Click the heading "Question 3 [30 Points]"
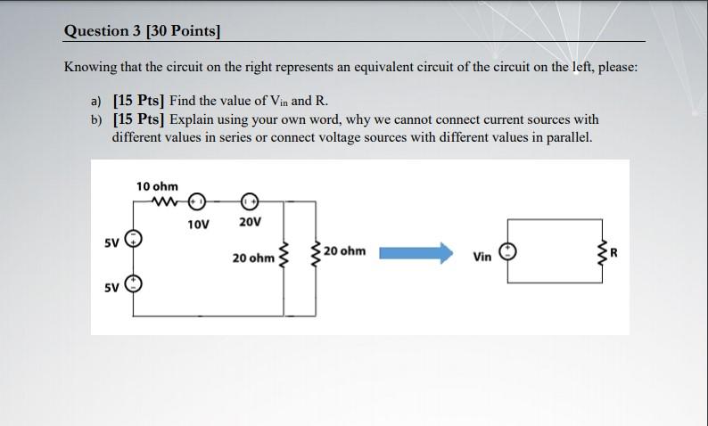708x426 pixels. click(x=142, y=31)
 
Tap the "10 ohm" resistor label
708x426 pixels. click(x=157, y=186)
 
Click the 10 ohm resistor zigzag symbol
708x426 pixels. click(x=166, y=201)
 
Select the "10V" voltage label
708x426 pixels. click(x=199, y=224)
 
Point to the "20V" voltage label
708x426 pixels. click(x=250, y=222)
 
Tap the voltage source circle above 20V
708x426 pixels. click(x=249, y=201)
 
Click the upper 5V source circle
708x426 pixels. click(x=133, y=238)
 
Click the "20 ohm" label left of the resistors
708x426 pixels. click(x=253, y=258)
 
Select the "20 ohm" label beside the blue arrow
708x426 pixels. click(x=344, y=251)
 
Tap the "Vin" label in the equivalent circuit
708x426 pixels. click(x=482, y=257)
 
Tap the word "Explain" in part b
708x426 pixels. click(x=193, y=119)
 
